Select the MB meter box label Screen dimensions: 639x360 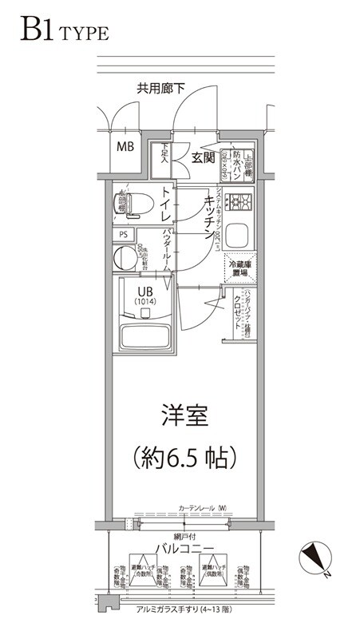126,147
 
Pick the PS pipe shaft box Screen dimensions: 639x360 123,235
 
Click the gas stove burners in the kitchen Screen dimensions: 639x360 237,201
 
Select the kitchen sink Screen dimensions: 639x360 237,236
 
